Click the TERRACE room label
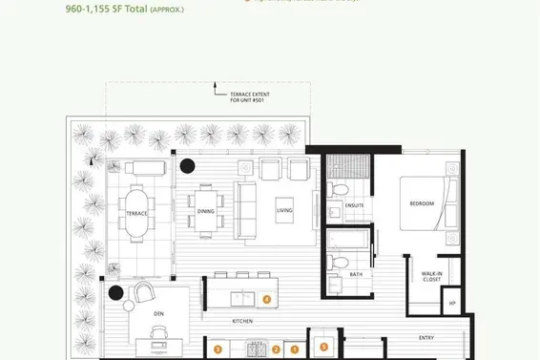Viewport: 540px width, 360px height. tap(136, 214)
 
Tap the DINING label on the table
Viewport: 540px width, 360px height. tap(206, 211)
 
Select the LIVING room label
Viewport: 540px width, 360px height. tap(283, 210)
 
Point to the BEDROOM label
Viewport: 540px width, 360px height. tap(422, 203)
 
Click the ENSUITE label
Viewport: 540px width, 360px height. tap(356, 204)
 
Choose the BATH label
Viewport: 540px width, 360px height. tap(356, 274)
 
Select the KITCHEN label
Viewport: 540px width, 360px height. tap(242, 322)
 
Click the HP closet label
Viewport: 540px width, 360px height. tap(452, 304)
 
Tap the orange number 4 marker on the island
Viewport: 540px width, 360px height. tap(267, 299)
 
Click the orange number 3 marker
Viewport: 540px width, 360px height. tap(218, 349)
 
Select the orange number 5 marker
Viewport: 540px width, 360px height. tap(323, 348)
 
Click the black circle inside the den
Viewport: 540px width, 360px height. tap(115, 293)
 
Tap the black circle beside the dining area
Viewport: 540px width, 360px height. tap(188, 165)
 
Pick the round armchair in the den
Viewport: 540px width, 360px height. tap(144, 292)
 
